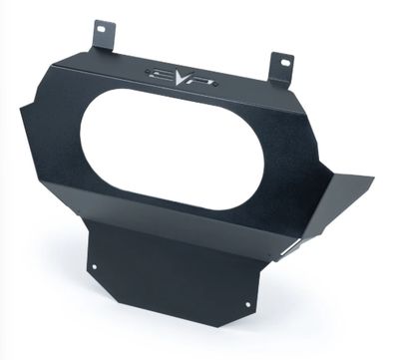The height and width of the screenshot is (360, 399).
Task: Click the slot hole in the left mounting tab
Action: coord(102,29)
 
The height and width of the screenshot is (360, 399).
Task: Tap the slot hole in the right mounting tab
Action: coord(285,62)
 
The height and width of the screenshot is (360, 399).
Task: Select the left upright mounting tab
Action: coord(104,37)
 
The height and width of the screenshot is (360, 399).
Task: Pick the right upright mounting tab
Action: coord(282,69)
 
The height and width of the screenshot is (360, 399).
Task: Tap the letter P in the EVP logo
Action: coord(201,82)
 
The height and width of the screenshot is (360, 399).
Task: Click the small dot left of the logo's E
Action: coord(149,71)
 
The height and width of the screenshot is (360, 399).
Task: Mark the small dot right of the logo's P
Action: coord(216,85)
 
